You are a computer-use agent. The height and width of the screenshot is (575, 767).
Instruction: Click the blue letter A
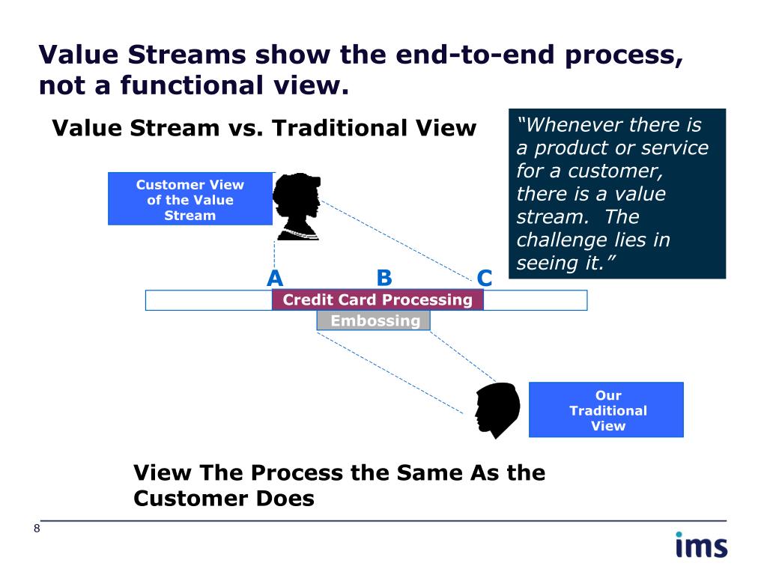pos(275,278)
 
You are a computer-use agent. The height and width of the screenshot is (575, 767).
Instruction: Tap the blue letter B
pos(384,278)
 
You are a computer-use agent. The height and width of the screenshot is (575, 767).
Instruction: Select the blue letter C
pos(485,278)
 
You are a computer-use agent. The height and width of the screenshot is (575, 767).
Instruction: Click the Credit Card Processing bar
pos(378,299)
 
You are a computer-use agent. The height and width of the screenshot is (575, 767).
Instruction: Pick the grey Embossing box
pos(374,320)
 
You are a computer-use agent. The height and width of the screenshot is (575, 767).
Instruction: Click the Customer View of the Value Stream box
pos(190,198)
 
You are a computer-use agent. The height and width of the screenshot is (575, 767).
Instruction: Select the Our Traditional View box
pos(606,410)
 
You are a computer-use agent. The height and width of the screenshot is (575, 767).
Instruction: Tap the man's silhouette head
pos(497,410)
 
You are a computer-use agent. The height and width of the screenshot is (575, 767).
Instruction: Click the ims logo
pos(701,545)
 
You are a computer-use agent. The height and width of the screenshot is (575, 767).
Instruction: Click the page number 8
pos(37,528)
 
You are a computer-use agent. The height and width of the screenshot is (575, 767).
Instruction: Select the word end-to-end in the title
pos(475,54)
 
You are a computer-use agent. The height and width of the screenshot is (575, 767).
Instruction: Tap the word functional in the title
pos(192,85)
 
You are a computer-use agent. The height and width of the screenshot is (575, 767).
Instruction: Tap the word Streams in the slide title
pos(187,54)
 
